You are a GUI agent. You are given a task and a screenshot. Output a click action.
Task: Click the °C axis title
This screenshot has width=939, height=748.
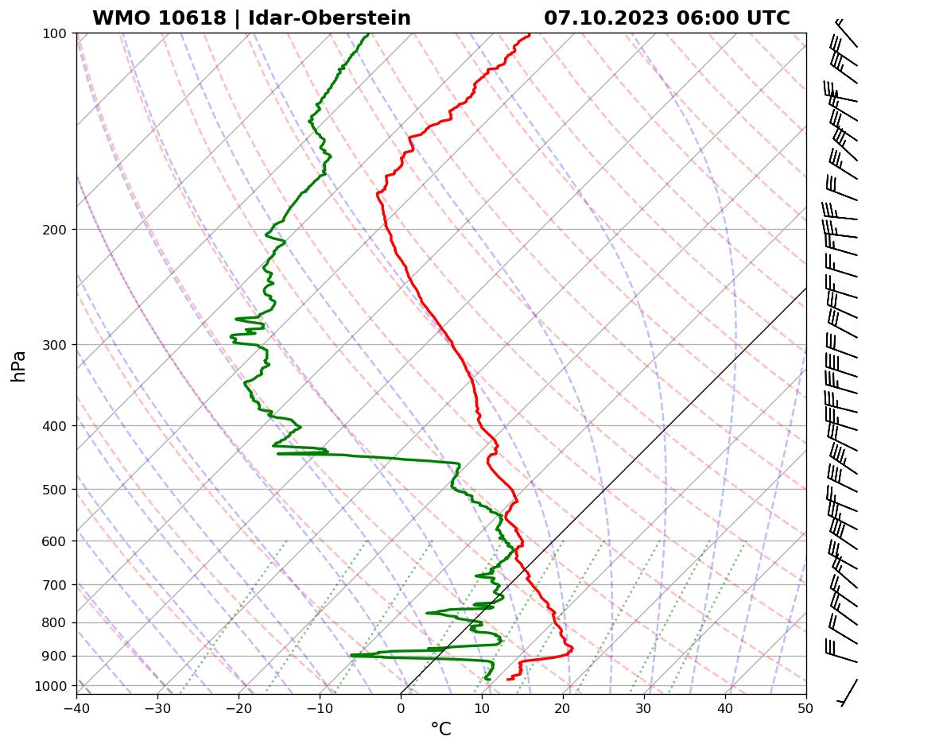click(440, 729)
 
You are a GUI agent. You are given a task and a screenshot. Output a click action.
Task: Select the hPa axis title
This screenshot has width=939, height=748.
click(19, 366)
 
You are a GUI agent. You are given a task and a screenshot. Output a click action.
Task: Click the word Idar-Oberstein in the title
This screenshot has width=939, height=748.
click(329, 18)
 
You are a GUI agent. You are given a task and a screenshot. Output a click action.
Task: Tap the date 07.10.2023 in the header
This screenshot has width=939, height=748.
click(606, 18)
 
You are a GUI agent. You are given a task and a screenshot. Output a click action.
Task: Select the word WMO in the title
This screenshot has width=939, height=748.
click(119, 18)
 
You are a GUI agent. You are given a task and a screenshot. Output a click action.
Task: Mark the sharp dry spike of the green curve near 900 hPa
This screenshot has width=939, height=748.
click(352, 655)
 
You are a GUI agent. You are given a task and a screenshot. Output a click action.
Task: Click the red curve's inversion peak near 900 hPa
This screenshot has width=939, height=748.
click(572, 651)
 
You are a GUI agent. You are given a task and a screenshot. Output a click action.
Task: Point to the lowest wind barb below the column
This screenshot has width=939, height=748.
click(848, 692)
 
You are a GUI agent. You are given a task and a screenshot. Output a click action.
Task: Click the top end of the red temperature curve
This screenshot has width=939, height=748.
click(530, 34)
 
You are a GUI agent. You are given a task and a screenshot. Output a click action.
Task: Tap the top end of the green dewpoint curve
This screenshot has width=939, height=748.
click(368, 34)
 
